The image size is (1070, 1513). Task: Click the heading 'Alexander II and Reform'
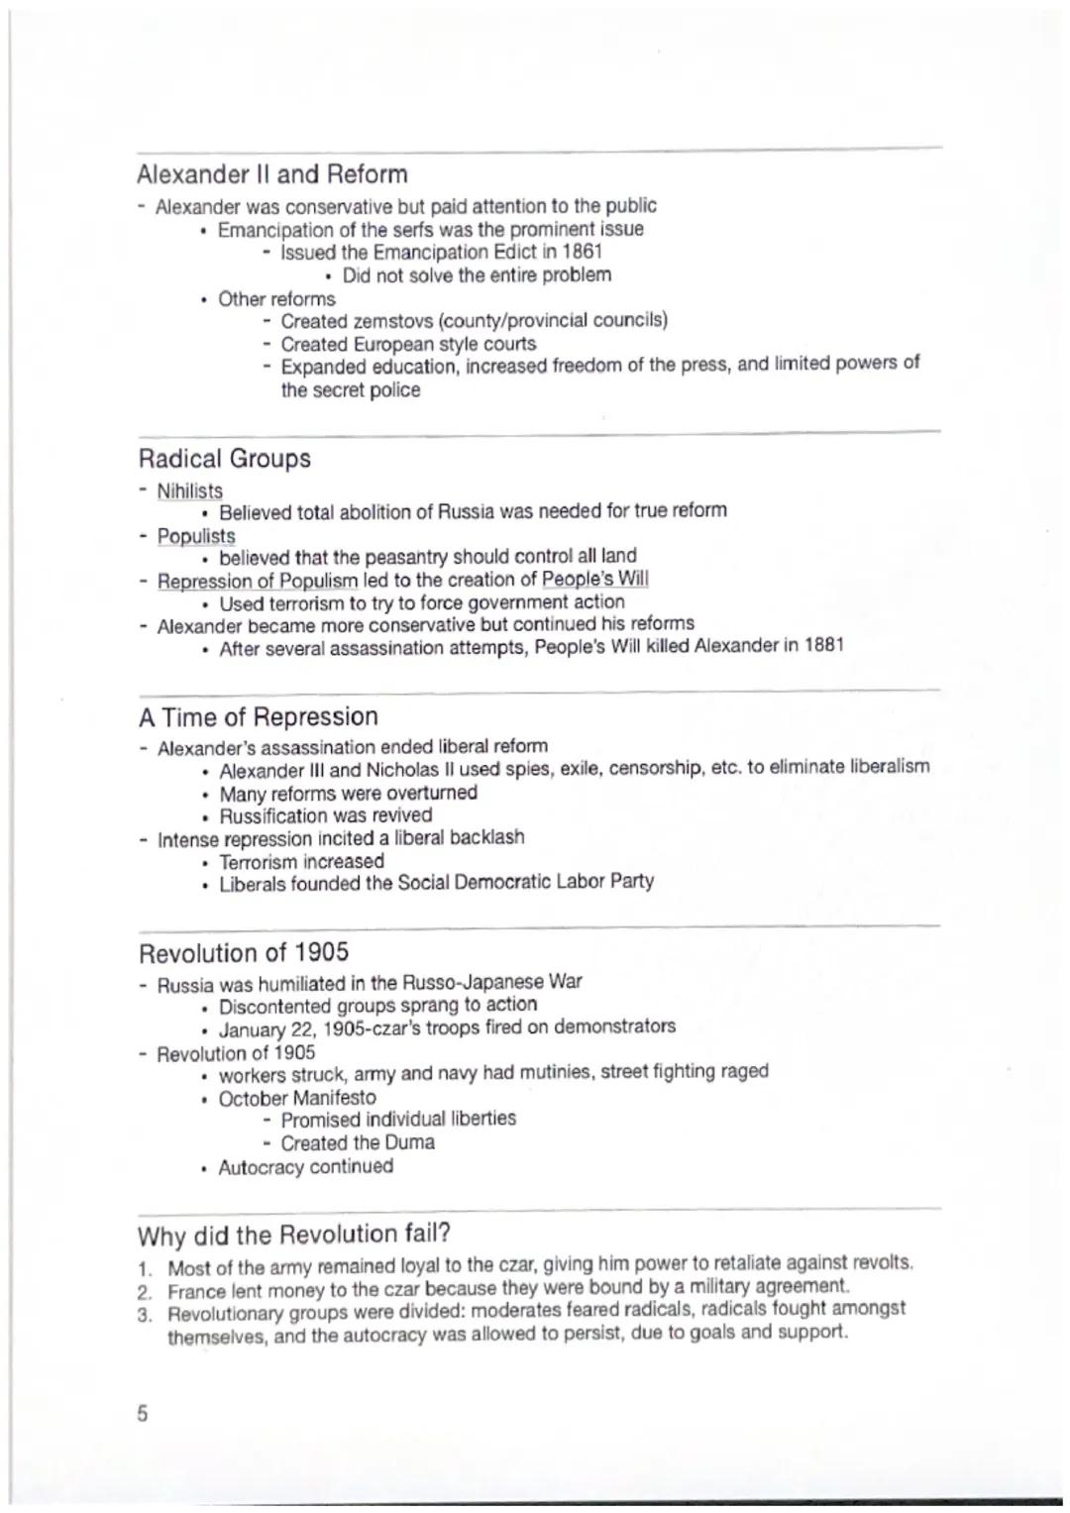[x=272, y=175]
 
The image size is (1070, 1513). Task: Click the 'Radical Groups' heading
[x=224, y=459]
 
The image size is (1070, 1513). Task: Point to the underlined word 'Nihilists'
[x=190, y=490]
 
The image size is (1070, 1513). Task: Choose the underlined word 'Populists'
[x=196, y=536]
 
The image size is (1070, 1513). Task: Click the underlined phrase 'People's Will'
[x=595, y=580]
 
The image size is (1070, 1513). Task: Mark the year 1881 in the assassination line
[x=823, y=646]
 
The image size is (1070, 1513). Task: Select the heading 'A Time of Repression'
[x=258, y=716]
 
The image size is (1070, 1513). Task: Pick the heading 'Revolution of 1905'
[x=244, y=953]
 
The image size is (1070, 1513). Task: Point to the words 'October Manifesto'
[x=297, y=1098]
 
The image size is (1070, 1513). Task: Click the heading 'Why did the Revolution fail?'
[x=294, y=1235]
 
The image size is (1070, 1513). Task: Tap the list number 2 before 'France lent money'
[x=145, y=1291]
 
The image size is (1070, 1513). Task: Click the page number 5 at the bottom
[x=142, y=1414]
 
